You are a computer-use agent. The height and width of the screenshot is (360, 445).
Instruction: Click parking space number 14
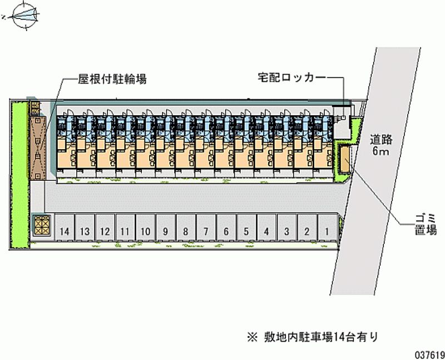click(65, 230)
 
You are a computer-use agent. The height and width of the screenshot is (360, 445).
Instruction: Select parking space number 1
click(327, 230)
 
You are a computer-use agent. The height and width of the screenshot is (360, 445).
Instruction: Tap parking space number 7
click(206, 230)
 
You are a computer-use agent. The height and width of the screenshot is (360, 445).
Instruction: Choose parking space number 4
click(266, 230)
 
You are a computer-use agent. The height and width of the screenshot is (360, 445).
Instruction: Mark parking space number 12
click(105, 230)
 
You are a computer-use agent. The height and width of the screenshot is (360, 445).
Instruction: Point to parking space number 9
click(166, 230)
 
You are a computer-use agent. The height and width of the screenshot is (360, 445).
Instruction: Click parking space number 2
click(306, 230)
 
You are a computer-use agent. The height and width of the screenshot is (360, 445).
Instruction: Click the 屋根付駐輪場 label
click(112, 79)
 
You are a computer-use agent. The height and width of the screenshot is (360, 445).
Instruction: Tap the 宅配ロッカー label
click(292, 77)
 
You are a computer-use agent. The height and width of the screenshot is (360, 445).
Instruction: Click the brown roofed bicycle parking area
click(38, 143)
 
